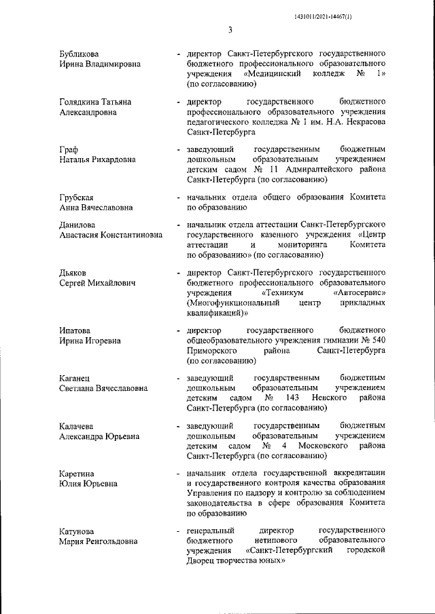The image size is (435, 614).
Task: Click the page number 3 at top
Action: coord(230,29)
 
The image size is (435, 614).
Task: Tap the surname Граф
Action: coord(69,149)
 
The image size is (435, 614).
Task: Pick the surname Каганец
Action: coord(75,377)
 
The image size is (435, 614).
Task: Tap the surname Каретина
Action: coord(77,474)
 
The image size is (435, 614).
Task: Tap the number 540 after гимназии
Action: coord(378,340)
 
